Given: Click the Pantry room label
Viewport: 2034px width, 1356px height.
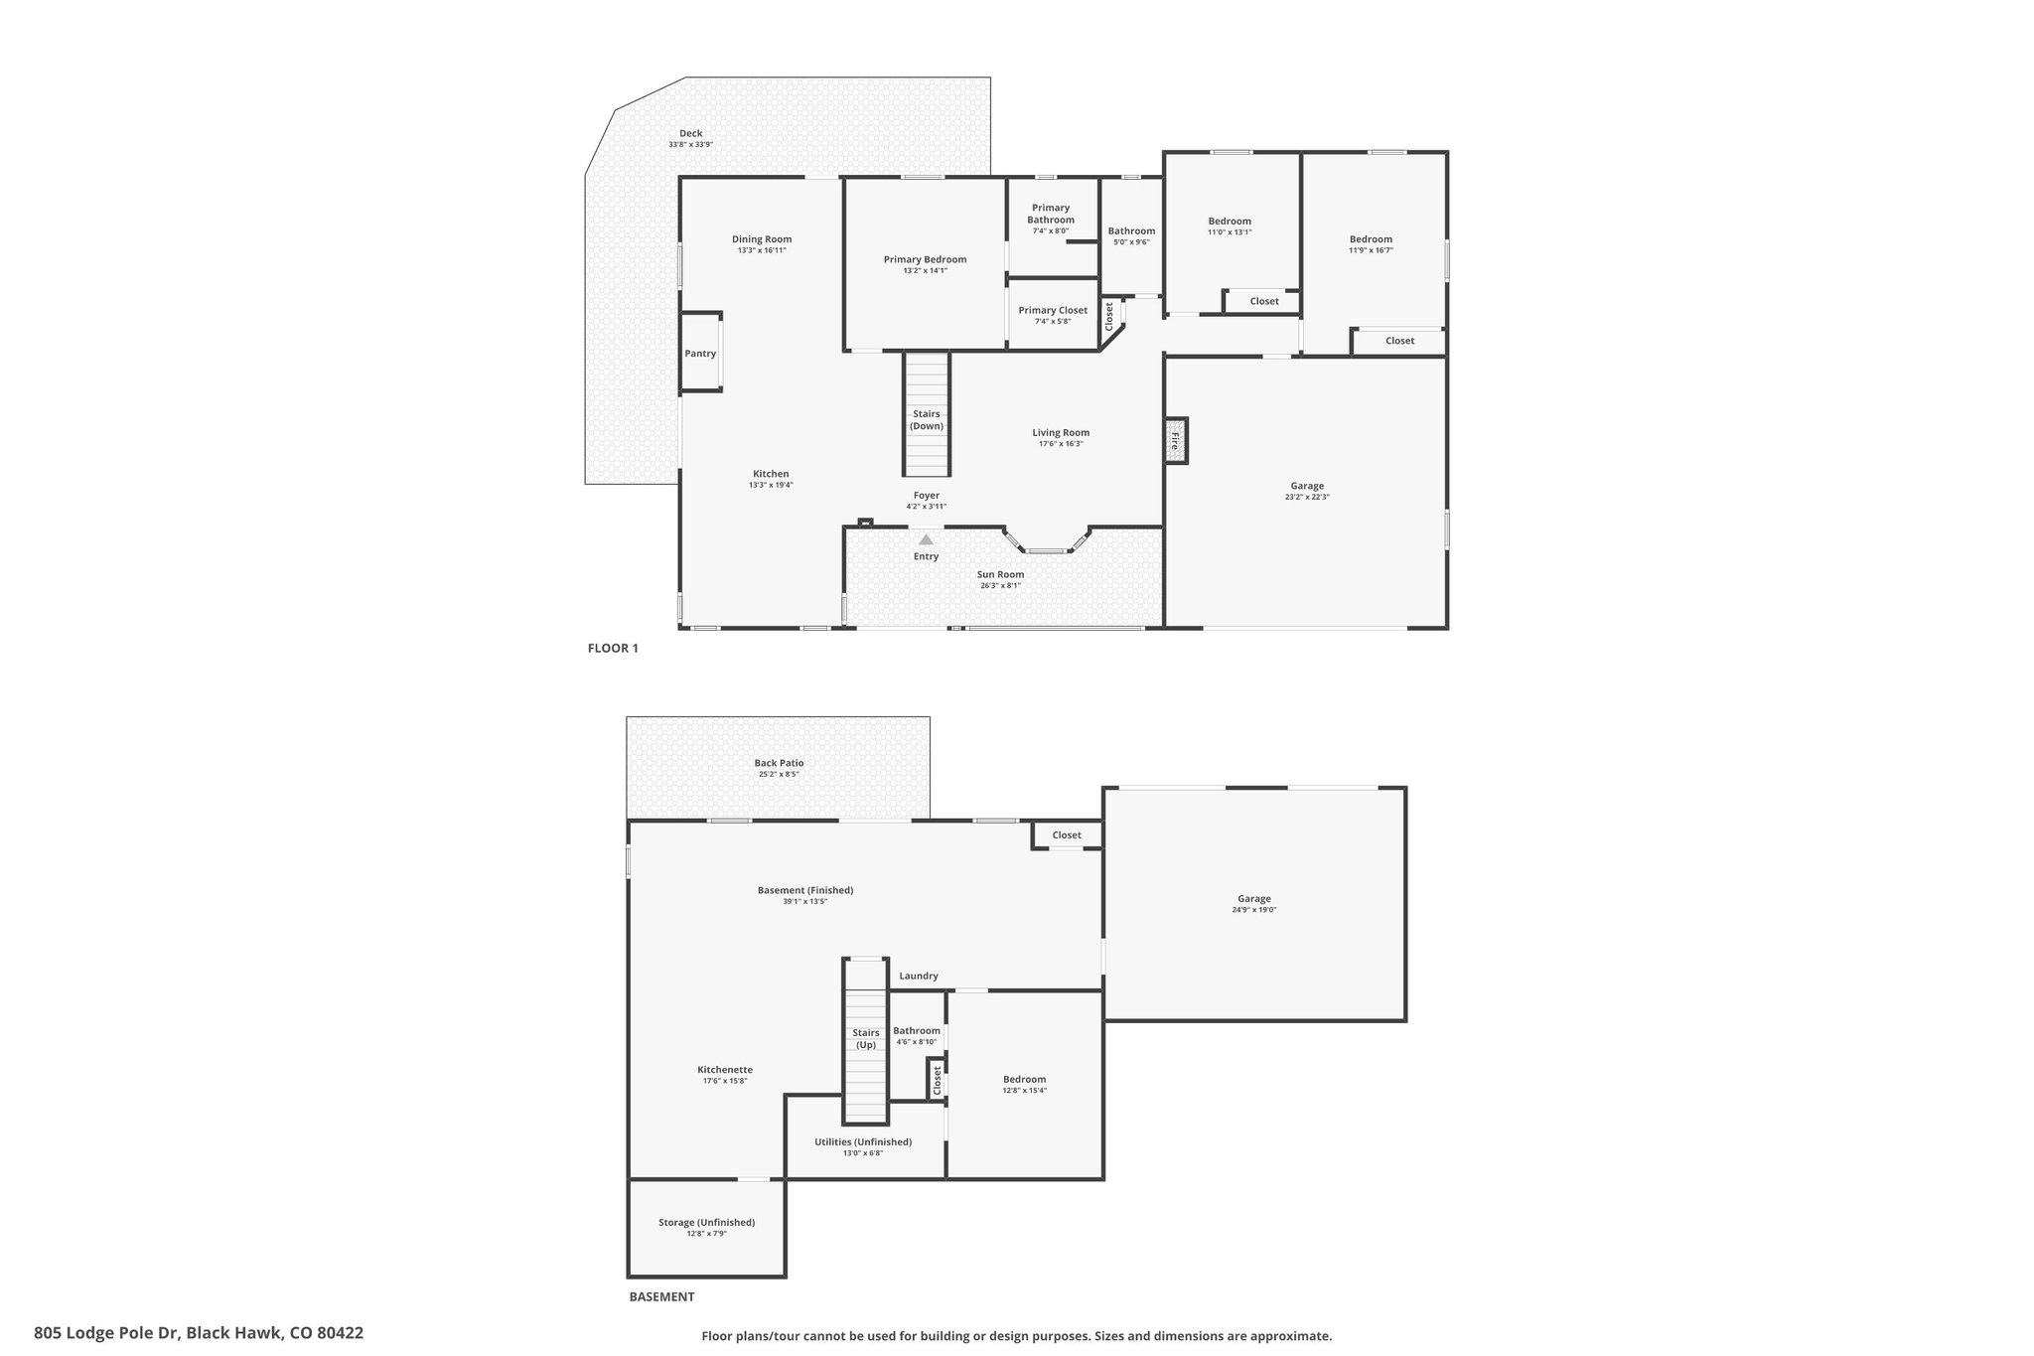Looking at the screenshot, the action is pos(700,354).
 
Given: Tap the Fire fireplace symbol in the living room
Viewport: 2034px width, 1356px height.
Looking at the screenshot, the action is pos(1176,440).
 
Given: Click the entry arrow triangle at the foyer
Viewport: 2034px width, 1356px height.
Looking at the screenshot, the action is pos(926,539).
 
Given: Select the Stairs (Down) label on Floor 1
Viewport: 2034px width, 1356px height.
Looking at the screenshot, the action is pos(927,419).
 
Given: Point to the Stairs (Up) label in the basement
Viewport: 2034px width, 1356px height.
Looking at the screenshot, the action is pos(866,1038).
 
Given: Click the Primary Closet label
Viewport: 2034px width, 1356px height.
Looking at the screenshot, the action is pos(1053,310).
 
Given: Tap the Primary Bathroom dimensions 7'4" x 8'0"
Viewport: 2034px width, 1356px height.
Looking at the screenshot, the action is pos(1051,231).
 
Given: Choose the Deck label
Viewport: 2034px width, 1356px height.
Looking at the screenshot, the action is pos(691,133).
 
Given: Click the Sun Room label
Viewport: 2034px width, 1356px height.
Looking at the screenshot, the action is pos(1000,574).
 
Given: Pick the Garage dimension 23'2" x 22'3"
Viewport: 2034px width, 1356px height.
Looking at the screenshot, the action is pos(1307,497).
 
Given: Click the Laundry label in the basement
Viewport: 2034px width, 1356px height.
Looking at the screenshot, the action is pos(919,976).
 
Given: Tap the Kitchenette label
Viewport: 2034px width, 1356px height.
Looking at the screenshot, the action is pos(725,1069).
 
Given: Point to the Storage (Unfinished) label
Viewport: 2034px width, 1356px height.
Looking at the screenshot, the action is pos(707,1222).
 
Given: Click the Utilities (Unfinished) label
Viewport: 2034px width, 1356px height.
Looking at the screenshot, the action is pos(863,1141).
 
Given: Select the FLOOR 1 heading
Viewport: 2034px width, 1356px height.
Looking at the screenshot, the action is pos(613,649).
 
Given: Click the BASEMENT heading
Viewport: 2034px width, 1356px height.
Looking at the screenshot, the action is pos(661,1296).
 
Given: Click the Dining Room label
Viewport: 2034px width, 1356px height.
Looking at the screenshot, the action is pos(762,238).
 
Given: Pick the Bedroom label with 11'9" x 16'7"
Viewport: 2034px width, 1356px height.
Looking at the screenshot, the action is pos(1371,238).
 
